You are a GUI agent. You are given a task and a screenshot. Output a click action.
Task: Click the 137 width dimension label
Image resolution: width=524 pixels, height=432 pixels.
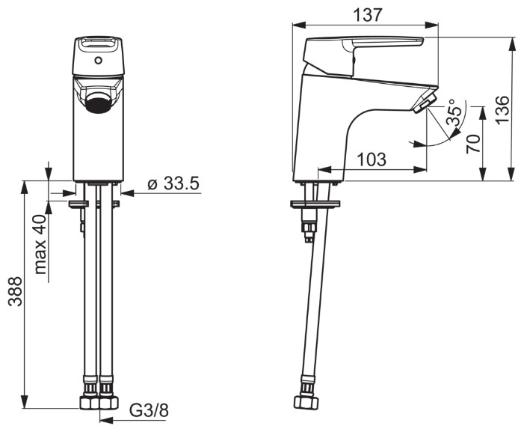pyautogui.click(x=367, y=15)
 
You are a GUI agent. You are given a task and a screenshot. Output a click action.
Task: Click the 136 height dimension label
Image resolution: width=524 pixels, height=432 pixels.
pyautogui.click(x=502, y=110)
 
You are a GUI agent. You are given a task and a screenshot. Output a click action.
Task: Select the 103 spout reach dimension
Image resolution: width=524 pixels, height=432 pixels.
pyautogui.click(x=372, y=159)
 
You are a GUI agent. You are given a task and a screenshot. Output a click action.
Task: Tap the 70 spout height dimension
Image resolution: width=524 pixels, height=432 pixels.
pyautogui.click(x=473, y=144)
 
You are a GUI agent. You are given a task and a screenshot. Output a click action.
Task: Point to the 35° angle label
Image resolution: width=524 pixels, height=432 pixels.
pyautogui.click(x=455, y=112)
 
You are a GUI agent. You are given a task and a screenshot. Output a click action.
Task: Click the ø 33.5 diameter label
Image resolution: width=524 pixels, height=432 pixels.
pyautogui.click(x=173, y=183)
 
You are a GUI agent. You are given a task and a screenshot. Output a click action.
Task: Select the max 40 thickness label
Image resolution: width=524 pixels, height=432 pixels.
pyautogui.click(x=41, y=245)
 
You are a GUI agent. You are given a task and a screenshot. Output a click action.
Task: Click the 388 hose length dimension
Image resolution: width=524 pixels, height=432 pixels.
pyautogui.click(x=16, y=291)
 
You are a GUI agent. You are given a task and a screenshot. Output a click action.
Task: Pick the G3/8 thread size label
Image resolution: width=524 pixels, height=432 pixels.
pyautogui.click(x=149, y=410)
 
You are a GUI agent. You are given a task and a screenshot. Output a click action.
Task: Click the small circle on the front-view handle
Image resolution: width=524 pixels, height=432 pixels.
pyautogui.click(x=98, y=61)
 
